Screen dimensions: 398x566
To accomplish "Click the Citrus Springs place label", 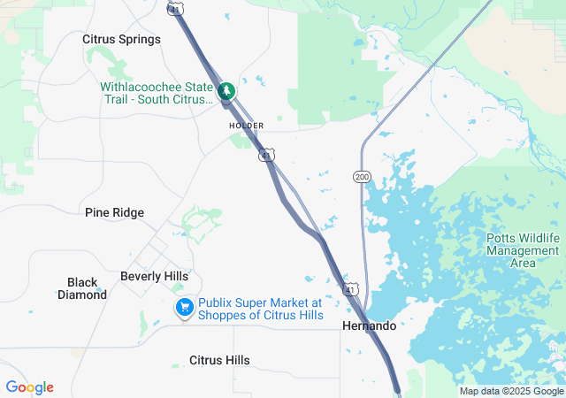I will pyautogui.click(x=121, y=39).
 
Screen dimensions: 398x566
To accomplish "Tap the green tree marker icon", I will pyautogui.click(x=227, y=90).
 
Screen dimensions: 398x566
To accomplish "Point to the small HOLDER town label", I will pyautogui.click(x=246, y=126).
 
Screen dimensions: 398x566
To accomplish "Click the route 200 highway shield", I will pyautogui.click(x=362, y=177).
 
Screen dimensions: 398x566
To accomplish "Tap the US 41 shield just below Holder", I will pyautogui.click(x=266, y=155).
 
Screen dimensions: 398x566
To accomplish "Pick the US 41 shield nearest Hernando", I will pyautogui.click(x=351, y=289).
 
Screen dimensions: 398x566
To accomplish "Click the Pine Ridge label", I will pyautogui.click(x=114, y=212).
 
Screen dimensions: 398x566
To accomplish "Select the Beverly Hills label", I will pyautogui.click(x=154, y=276).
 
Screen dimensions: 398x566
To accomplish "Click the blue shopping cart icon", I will pyautogui.click(x=184, y=308).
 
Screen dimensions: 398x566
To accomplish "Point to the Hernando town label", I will pyautogui.click(x=369, y=326).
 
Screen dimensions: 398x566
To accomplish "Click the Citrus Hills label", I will pyautogui.click(x=219, y=360).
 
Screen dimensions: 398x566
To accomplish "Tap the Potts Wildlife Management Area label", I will pyautogui.click(x=524, y=250).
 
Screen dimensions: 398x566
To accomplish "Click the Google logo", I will pyautogui.click(x=29, y=387).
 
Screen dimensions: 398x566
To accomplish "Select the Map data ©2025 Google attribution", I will pyautogui.click(x=510, y=391).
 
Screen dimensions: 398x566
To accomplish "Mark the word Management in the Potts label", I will pyautogui.click(x=524, y=250).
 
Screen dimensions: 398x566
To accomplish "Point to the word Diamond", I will pyautogui.click(x=82, y=295).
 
